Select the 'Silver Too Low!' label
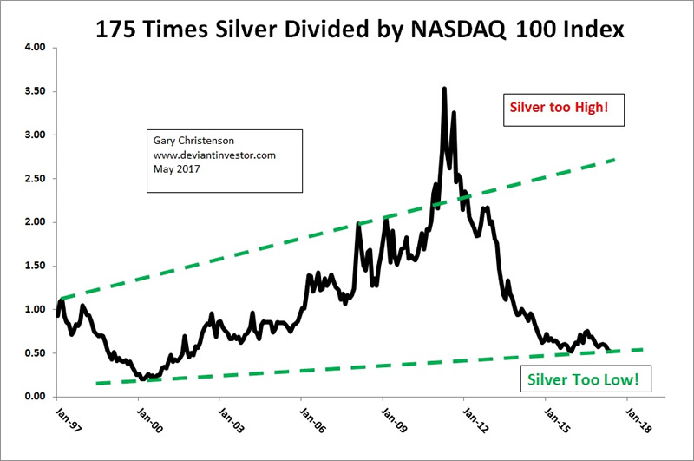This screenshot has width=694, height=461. (x=586, y=380)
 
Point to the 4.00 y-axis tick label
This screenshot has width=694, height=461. (x=33, y=48)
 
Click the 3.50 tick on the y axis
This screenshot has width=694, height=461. (x=33, y=91)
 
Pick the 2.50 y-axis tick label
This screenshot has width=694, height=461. (x=33, y=179)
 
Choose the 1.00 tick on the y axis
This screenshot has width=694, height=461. (x=33, y=309)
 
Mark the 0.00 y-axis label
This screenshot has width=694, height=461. (x=33, y=397)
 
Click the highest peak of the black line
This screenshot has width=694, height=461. (x=444, y=88)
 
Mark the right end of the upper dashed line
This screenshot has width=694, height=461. (x=615, y=160)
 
